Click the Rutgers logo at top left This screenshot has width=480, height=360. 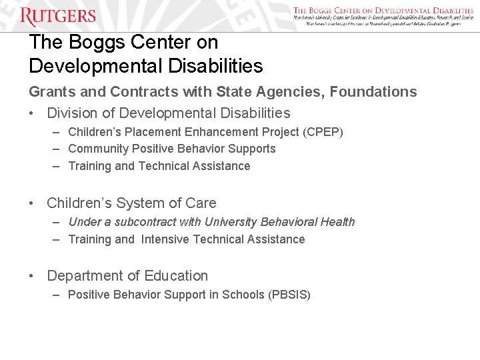[58, 15]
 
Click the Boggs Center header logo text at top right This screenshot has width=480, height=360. [383, 11]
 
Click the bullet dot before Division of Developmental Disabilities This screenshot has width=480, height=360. [33, 113]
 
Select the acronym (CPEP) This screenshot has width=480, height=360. [323, 132]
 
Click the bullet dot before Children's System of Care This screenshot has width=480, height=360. [33, 203]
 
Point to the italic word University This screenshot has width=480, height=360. [232, 222]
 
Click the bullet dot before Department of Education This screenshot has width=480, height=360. [33, 276]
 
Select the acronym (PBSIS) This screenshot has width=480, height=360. [289, 295]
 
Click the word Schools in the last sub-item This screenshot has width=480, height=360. [243, 295]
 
